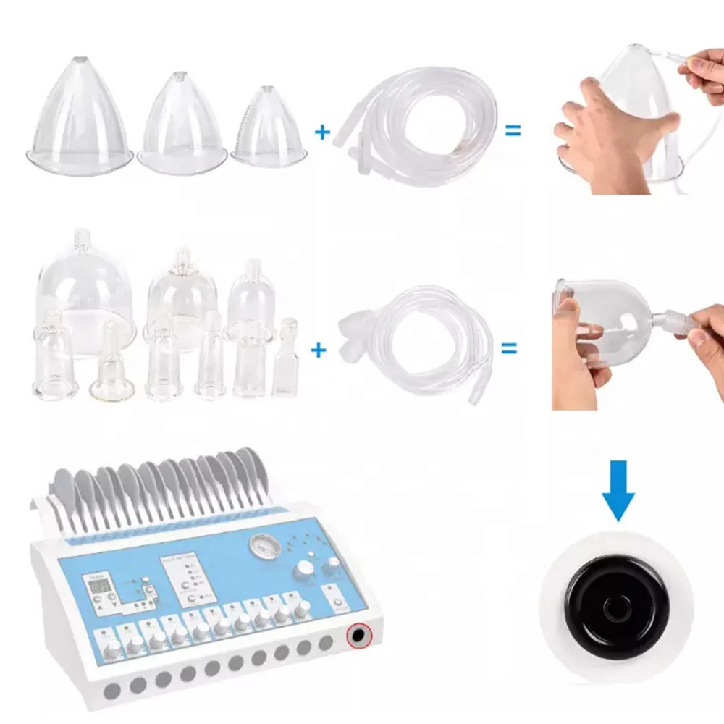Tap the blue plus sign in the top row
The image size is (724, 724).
coord(321,131)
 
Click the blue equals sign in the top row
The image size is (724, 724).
coord(513,131)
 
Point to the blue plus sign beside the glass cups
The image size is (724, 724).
coord(319,350)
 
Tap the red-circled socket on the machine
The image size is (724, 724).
coord(357,636)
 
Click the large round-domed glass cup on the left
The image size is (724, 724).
coord(86,290)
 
